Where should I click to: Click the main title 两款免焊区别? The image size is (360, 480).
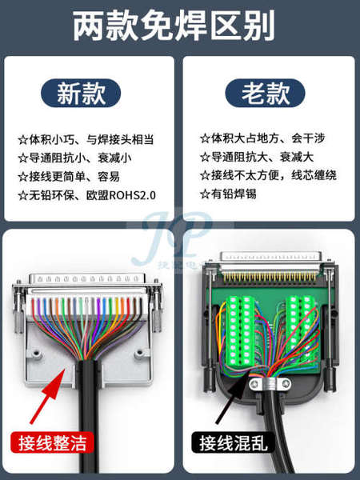point(174,26)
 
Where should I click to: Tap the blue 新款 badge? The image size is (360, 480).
point(81,93)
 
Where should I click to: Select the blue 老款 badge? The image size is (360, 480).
point(265,93)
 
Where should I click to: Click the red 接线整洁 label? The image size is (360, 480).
point(52,442)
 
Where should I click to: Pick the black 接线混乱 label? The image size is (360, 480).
point(233,442)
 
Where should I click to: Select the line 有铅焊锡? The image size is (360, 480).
point(228,194)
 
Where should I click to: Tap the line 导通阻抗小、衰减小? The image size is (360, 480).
point(74,158)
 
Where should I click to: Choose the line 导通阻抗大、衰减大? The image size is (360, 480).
point(257,157)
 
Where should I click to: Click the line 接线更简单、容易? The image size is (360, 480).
point(69,177)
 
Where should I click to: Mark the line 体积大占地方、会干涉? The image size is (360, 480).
point(262,138)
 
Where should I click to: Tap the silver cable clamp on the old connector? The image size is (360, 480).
point(270,384)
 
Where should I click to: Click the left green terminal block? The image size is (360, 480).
point(240,330)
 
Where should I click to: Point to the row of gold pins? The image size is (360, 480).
point(270,277)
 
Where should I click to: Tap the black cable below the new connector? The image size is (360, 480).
point(90,416)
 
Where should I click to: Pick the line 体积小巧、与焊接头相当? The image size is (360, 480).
point(86,139)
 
